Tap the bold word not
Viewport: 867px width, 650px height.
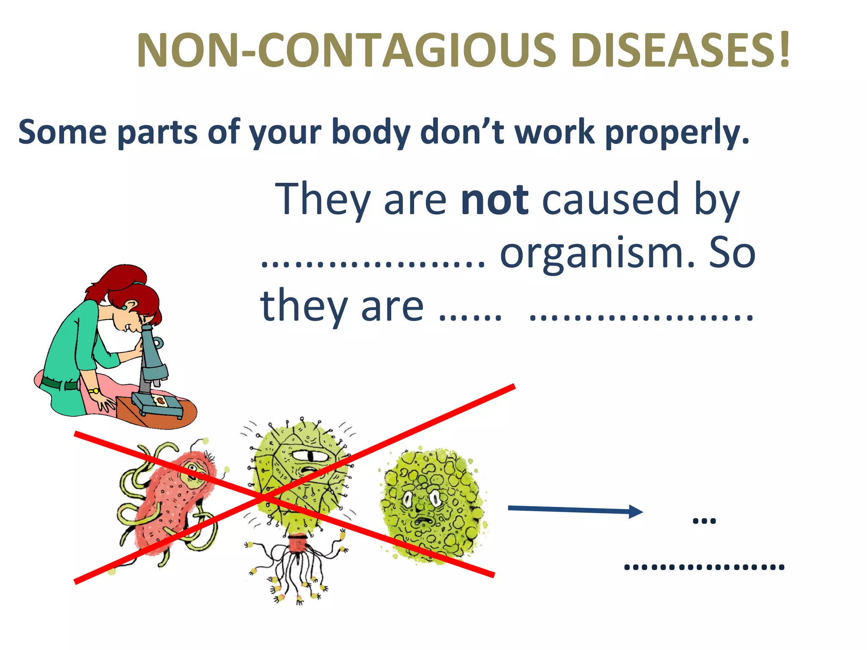(x=494, y=199)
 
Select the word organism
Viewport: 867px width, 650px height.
(x=597, y=254)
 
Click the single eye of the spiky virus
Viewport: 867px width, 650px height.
(x=309, y=456)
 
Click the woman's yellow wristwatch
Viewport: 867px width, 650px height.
(x=94, y=391)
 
